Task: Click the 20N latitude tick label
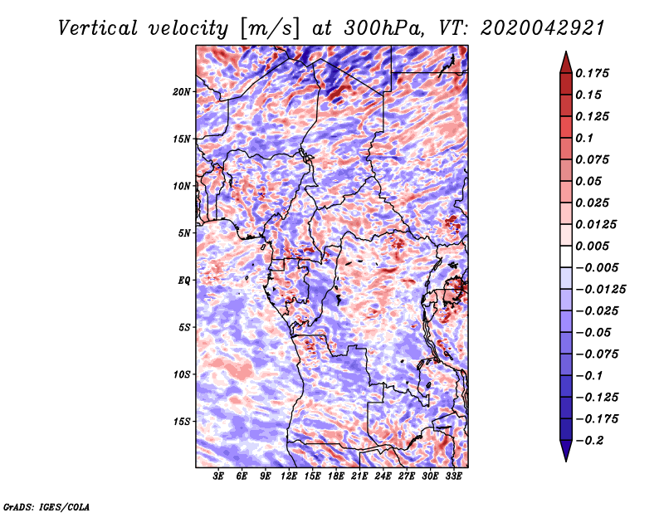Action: point(182,91)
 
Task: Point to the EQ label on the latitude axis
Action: point(183,281)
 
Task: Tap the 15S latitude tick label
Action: point(182,422)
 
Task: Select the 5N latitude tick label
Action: point(184,233)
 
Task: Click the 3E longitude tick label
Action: point(218,476)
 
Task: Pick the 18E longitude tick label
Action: point(336,476)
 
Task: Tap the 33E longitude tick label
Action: point(453,476)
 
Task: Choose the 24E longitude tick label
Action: point(383,476)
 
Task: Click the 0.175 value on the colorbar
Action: point(593,73)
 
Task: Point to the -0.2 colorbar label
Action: point(589,441)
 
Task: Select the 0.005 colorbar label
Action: point(593,246)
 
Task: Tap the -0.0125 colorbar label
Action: point(600,290)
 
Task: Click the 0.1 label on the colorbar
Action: point(584,138)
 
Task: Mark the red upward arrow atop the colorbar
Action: point(566,62)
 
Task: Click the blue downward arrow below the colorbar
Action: point(566,451)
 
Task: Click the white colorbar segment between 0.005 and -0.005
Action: point(566,256)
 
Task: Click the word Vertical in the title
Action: point(97,28)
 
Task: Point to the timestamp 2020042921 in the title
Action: point(543,28)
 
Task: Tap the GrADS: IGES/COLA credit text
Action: point(46,507)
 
